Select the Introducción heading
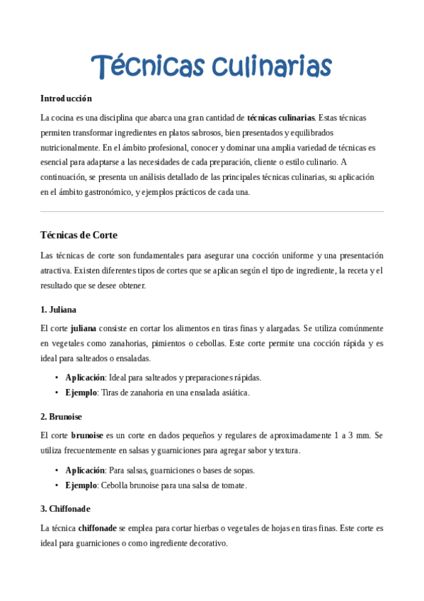[x=67, y=98]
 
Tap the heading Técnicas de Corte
[x=79, y=235]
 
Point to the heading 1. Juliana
[x=59, y=309]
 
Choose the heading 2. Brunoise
[x=62, y=416]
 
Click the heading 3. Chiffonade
[x=66, y=508]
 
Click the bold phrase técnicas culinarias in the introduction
[x=281, y=117]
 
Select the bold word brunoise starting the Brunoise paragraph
[x=87, y=434]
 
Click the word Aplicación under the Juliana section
[x=85, y=377]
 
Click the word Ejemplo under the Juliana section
[x=81, y=392]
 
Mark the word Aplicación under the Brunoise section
[x=85, y=470]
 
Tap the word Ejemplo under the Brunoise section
[x=81, y=485]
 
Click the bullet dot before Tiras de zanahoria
[x=57, y=392]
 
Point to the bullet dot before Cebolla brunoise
[x=57, y=485]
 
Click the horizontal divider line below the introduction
[x=212, y=211]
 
